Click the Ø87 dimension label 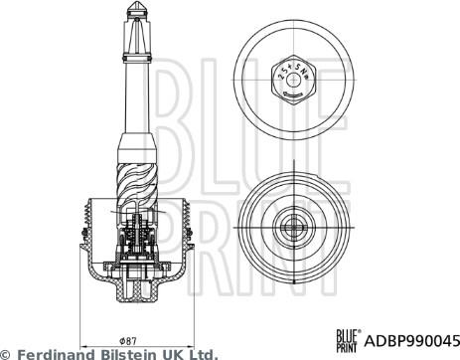coord(131,339)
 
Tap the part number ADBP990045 coord(412,337)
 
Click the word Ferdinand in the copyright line coord(55,353)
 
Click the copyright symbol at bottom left coord(7,353)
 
